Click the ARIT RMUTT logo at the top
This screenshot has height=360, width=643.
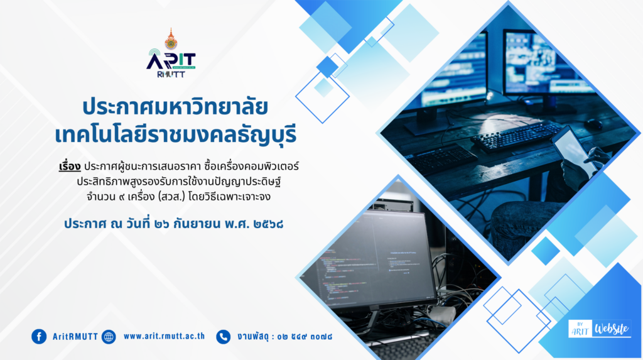click(171, 62)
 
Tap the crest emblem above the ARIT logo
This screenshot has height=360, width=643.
click(171, 39)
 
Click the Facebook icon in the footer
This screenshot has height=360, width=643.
click(39, 337)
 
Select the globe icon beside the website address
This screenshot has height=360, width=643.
click(109, 337)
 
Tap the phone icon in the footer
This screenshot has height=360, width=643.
click(224, 337)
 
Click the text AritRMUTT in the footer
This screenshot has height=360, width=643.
click(75, 337)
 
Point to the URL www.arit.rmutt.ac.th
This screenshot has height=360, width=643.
click(164, 336)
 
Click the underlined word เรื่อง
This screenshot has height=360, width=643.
click(70, 166)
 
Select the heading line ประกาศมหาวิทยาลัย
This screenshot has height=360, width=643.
click(175, 107)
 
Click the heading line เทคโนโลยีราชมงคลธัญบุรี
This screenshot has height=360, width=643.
click(176, 134)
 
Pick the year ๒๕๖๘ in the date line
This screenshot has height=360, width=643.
click(268, 224)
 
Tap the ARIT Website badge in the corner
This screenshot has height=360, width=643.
click(599, 329)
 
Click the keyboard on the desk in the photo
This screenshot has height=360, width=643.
click(517, 136)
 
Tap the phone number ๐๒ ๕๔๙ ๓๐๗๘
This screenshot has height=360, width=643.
click(305, 337)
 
